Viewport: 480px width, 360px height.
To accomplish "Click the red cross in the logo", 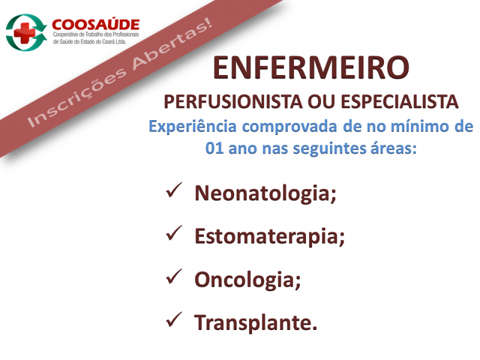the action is [25, 33].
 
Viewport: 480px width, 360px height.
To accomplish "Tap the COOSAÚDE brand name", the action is [96, 25].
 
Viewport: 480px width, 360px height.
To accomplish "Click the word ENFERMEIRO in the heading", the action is [311, 68].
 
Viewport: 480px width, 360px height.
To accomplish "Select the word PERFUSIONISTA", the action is [233, 102].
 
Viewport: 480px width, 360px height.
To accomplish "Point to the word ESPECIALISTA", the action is [400, 102].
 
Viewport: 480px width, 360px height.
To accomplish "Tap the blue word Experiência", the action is [193, 127].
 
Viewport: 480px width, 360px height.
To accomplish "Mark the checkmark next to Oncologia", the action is [174, 277].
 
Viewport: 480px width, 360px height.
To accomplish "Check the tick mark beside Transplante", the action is [174, 320].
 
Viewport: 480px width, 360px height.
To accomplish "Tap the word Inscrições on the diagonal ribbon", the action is [77, 97].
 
